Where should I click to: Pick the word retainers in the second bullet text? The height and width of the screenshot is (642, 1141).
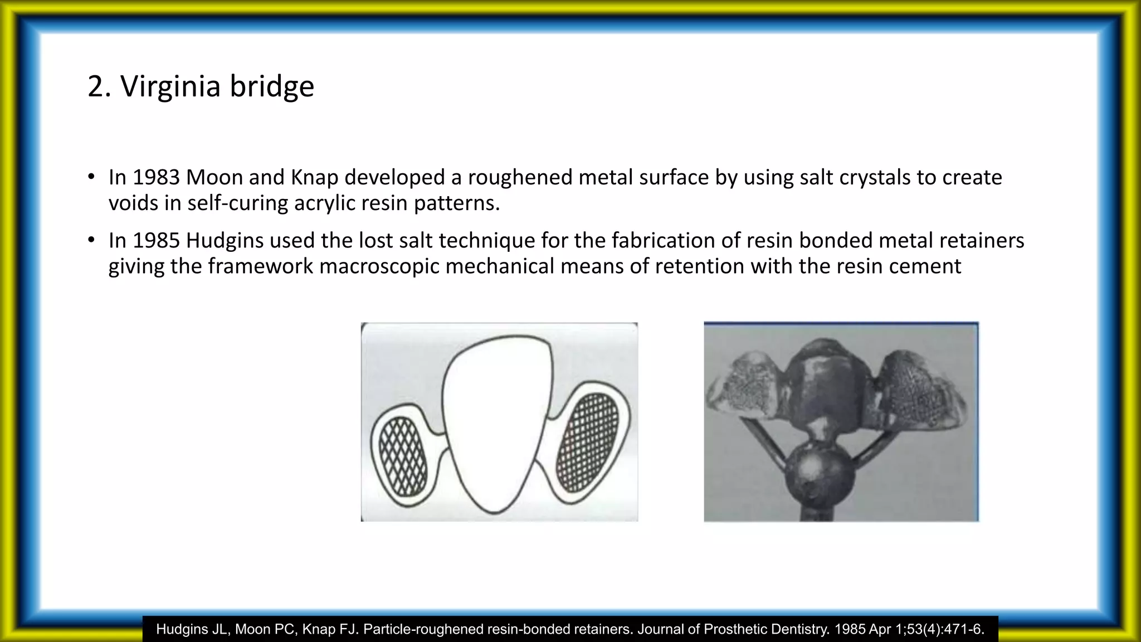coord(982,240)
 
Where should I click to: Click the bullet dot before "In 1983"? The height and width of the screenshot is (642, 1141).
coord(91,177)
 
